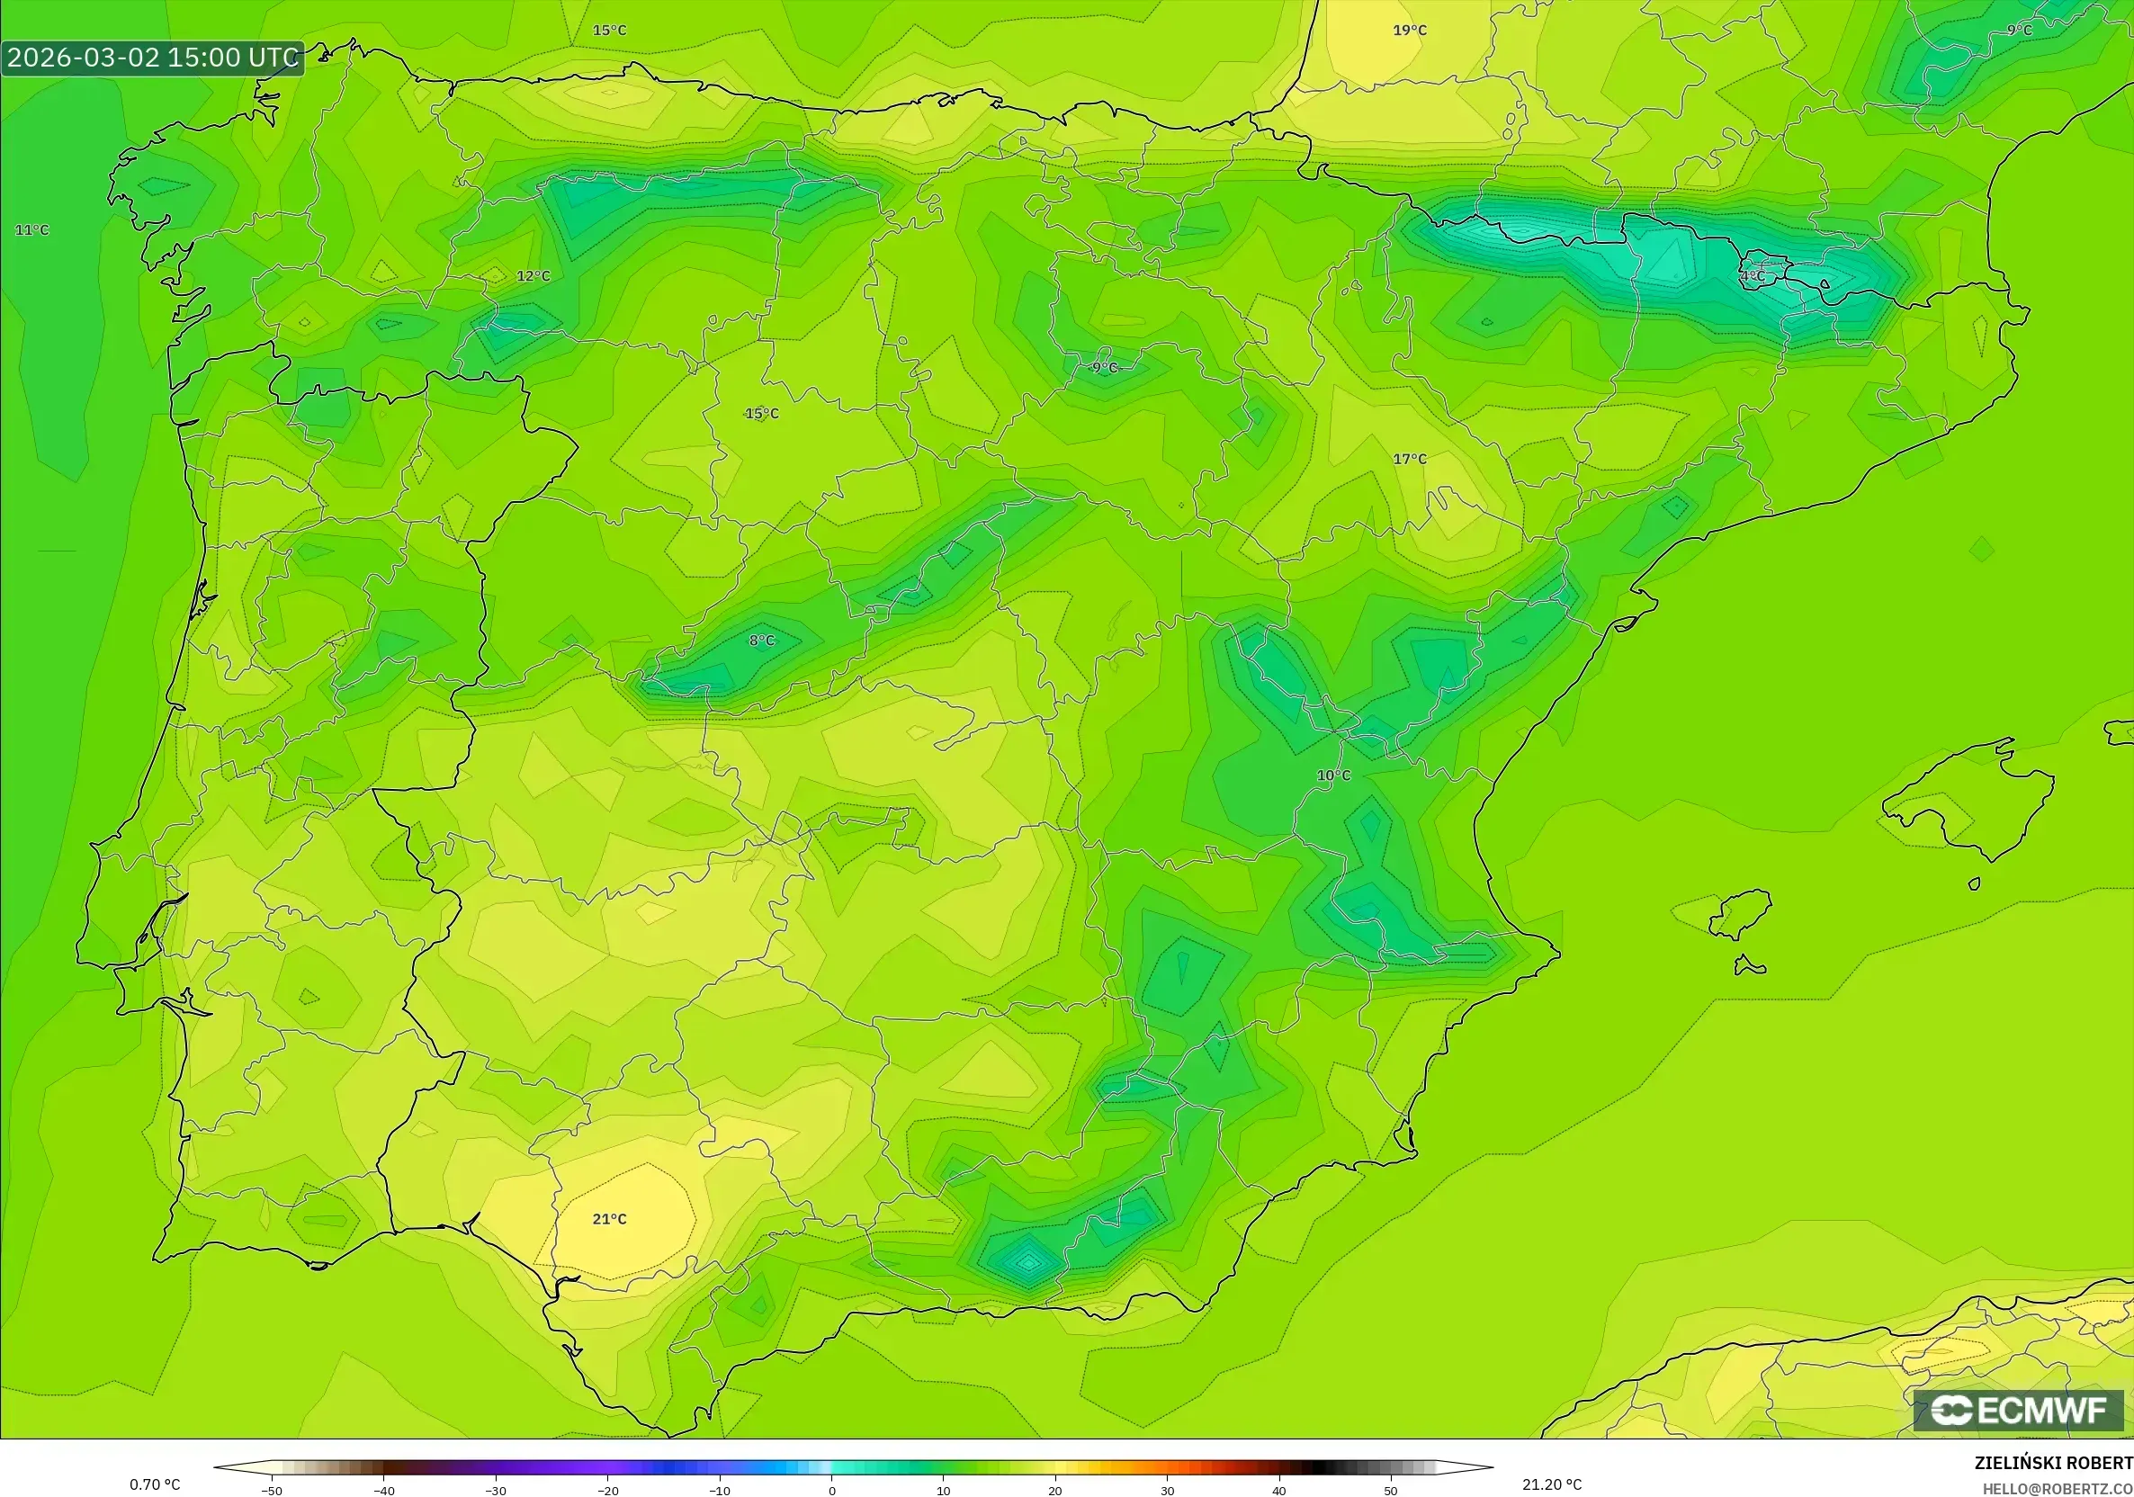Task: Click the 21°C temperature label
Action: [610, 1219]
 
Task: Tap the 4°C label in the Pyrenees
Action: [1753, 276]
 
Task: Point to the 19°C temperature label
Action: [1409, 31]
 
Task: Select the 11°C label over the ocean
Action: [31, 230]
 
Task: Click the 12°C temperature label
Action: [533, 276]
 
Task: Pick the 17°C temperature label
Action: [1409, 459]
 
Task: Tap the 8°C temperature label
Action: [762, 641]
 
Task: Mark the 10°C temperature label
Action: [1333, 775]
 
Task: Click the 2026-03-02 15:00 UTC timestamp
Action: [152, 58]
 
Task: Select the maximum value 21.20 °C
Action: [1551, 1484]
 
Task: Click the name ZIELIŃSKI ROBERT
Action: [2053, 1463]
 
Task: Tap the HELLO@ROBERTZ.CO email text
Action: [2057, 1489]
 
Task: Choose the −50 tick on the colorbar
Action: [272, 1491]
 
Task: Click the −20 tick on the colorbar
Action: [608, 1491]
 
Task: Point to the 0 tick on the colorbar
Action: [832, 1491]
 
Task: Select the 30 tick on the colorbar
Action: [1168, 1491]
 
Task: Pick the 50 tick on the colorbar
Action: [1391, 1491]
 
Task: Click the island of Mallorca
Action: [1970, 799]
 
